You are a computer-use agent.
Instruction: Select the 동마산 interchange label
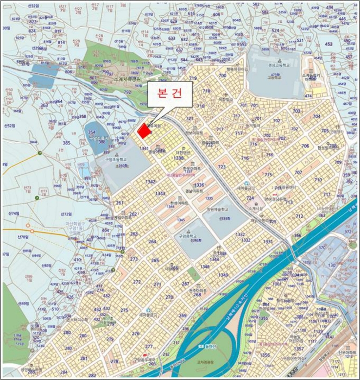[x=209, y=346]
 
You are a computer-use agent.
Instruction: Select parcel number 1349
[x=223, y=275]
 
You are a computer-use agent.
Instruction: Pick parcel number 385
[x=66, y=143]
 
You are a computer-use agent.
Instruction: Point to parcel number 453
[x=343, y=44]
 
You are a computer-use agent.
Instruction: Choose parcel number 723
[x=222, y=167]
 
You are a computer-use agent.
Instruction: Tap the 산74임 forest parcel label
[x=25, y=214]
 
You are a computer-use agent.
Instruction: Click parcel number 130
[x=331, y=265]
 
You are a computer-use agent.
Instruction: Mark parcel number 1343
[x=160, y=193]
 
